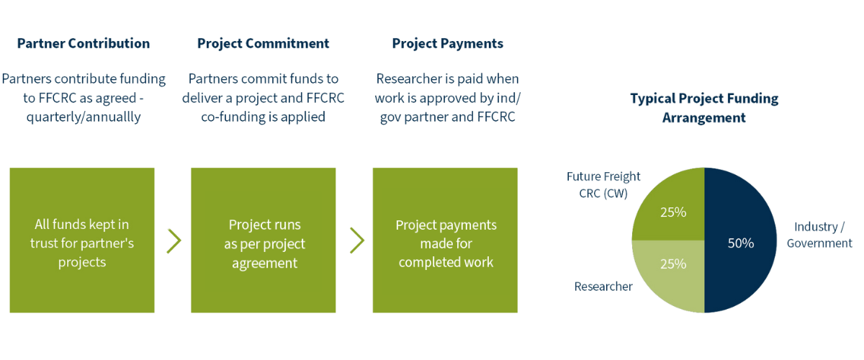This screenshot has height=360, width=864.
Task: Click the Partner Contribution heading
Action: [83, 43]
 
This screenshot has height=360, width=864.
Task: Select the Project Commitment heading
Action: [263, 43]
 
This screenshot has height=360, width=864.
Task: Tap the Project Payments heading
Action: [447, 43]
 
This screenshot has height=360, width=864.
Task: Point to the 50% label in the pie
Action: [740, 243]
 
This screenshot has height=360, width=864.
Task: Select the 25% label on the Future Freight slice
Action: [672, 212]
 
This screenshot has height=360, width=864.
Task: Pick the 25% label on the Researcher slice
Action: [672, 264]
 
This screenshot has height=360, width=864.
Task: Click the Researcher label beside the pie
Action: [603, 287]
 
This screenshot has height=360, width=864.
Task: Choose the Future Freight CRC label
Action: [603, 184]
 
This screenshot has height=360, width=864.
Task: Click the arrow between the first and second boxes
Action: [174, 241]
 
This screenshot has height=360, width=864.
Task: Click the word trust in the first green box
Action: [45, 244]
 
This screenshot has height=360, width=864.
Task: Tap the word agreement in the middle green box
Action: [264, 263]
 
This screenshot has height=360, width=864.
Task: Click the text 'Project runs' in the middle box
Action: [264, 225]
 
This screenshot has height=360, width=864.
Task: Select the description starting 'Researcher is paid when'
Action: [447, 97]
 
